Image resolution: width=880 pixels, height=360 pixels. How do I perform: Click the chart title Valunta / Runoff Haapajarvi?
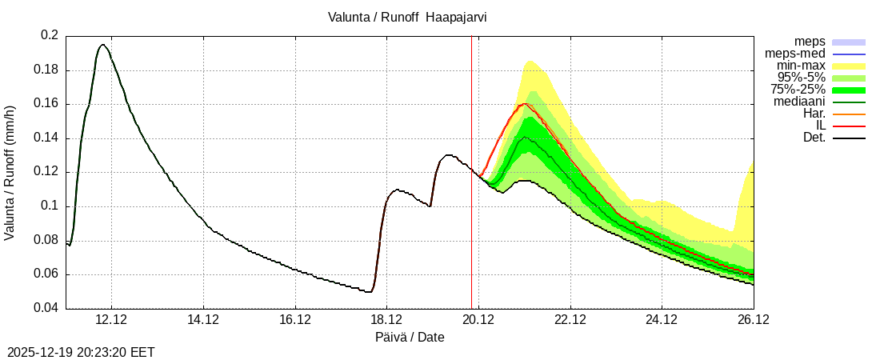coord(407,17)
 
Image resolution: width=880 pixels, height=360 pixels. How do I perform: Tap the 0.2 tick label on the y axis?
coord(49,36)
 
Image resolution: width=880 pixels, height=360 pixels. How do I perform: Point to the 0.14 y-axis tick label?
coord(46,138)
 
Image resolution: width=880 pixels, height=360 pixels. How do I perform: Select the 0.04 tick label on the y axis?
coord(46,309)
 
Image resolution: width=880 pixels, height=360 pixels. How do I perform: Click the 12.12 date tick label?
coord(111,320)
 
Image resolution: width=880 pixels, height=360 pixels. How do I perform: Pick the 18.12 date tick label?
coord(386,320)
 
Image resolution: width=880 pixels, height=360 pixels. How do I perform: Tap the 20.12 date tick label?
coord(478,320)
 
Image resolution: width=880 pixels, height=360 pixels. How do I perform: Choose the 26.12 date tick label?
coord(754,320)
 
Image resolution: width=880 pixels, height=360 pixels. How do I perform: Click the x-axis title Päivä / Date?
coord(410,338)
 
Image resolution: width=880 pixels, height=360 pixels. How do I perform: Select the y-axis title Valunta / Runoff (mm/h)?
coord(10,172)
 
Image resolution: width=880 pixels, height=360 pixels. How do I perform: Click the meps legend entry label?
coord(810,42)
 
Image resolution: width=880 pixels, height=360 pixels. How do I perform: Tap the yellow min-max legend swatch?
coord(849,66)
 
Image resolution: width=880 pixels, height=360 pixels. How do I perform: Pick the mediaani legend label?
coord(799,102)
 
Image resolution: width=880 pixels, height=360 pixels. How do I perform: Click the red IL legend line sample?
coord(849,126)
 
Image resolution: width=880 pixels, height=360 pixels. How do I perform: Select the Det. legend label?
coord(814,138)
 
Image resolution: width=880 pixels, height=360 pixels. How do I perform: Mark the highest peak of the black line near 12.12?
coord(102,45)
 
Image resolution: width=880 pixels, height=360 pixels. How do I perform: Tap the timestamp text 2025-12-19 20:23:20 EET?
coord(81,352)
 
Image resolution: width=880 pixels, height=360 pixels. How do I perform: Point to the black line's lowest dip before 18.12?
coord(369,292)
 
